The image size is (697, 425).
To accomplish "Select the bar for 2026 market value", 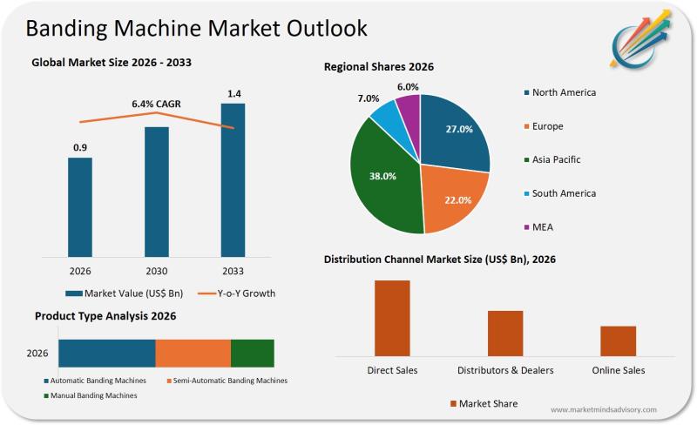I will [80, 206].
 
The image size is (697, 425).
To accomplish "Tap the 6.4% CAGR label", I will [156, 104].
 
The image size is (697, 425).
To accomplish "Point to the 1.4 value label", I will [234, 93].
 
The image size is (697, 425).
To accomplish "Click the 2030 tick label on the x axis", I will [156, 270].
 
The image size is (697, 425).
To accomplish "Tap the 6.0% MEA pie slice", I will [408, 107].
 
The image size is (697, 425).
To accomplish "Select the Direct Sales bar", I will [392, 318].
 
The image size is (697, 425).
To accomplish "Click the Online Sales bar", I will [618, 341].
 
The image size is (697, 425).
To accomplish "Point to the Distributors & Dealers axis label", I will [505, 370].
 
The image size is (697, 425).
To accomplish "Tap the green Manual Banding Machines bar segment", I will [252, 353].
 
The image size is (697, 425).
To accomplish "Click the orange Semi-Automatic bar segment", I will [193, 353].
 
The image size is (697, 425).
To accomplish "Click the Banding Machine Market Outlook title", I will [196, 28].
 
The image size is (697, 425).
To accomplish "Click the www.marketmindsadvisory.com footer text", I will [604, 409].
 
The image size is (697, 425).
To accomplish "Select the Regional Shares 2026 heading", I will [378, 67].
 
